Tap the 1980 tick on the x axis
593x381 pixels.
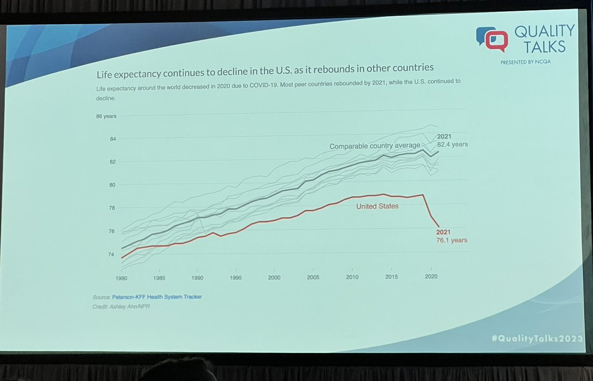[x=121, y=278]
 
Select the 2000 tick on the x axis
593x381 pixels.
[x=274, y=278]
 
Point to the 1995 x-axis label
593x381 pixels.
[x=236, y=278]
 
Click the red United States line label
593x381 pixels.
[x=377, y=206]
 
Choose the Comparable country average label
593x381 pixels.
[x=375, y=146]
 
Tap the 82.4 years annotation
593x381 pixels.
[x=452, y=144]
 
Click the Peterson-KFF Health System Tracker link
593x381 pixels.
[x=157, y=296]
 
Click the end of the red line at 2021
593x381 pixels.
[x=438, y=227]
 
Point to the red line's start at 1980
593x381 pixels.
[x=122, y=257]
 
